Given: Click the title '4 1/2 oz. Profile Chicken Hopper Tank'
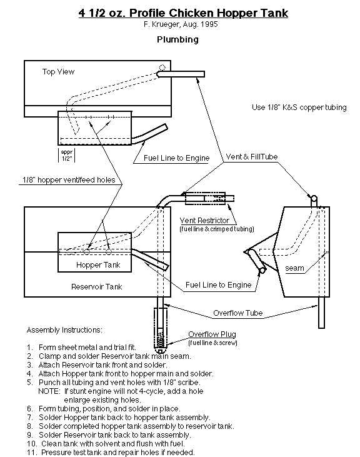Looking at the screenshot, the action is pyautogui.click(x=183, y=13).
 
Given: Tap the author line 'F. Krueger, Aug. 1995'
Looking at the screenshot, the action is pyautogui.click(x=181, y=24).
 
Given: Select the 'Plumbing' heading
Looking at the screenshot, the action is pyautogui.click(x=177, y=39).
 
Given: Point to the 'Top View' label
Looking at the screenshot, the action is pyautogui.click(x=58, y=72).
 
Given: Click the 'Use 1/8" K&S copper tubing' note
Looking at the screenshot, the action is pyautogui.click(x=299, y=108).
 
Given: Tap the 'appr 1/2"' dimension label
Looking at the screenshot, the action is pyautogui.click(x=67, y=155).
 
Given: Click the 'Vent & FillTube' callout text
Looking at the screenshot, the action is pyautogui.click(x=252, y=157).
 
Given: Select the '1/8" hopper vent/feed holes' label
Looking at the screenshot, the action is pyautogui.click(x=69, y=180).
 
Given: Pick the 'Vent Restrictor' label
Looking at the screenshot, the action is pyautogui.click(x=204, y=220).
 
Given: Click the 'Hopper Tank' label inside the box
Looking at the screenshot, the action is pyautogui.click(x=98, y=265).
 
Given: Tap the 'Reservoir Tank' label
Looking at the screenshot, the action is pyautogui.click(x=97, y=287).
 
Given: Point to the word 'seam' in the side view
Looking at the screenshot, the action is pyautogui.click(x=294, y=268).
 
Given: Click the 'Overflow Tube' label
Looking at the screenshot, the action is pyautogui.click(x=238, y=313).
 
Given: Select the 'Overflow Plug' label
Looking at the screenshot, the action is pyautogui.click(x=212, y=334).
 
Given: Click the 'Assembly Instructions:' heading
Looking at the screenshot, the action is pyautogui.click(x=64, y=330).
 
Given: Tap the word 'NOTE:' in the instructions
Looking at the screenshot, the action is pyautogui.click(x=49, y=391).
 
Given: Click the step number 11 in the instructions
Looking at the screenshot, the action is pyautogui.click(x=32, y=453).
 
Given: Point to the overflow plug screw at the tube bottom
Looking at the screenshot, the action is pyautogui.click(x=160, y=339).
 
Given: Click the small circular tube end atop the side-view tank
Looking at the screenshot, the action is pyautogui.click(x=313, y=199).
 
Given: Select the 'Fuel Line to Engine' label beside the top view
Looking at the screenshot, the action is pyautogui.click(x=176, y=158).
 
